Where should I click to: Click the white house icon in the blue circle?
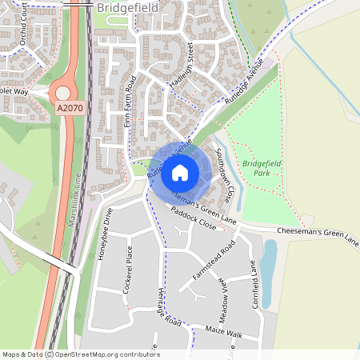pyautogui.click(x=180, y=173)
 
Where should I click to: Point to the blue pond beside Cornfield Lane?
pyautogui.click(x=270, y=264)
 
